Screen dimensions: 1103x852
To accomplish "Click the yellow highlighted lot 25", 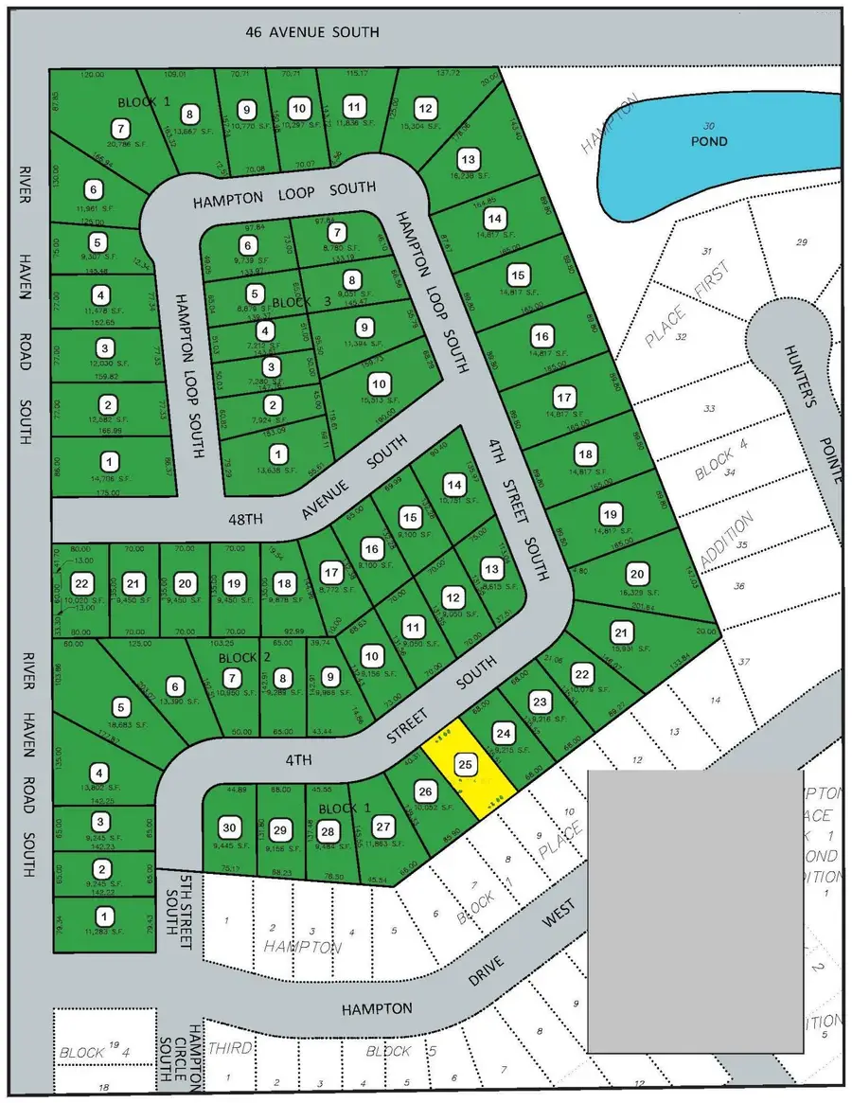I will pyautogui.click(x=467, y=762).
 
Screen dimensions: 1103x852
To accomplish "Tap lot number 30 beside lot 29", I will pyautogui.click(x=227, y=825).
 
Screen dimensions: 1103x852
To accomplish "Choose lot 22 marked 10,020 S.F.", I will pyautogui.click(x=84, y=584).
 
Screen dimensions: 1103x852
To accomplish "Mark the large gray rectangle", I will pyautogui.click(x=695, y=910).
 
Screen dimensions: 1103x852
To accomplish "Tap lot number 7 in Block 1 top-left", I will pyautogui.click(x=120, y=127).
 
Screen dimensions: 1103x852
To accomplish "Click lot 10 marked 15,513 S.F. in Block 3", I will pyautogui.click(x=378, y=383).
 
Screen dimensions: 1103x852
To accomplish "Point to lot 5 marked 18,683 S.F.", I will pyautogui.click(x=120, y=706).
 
